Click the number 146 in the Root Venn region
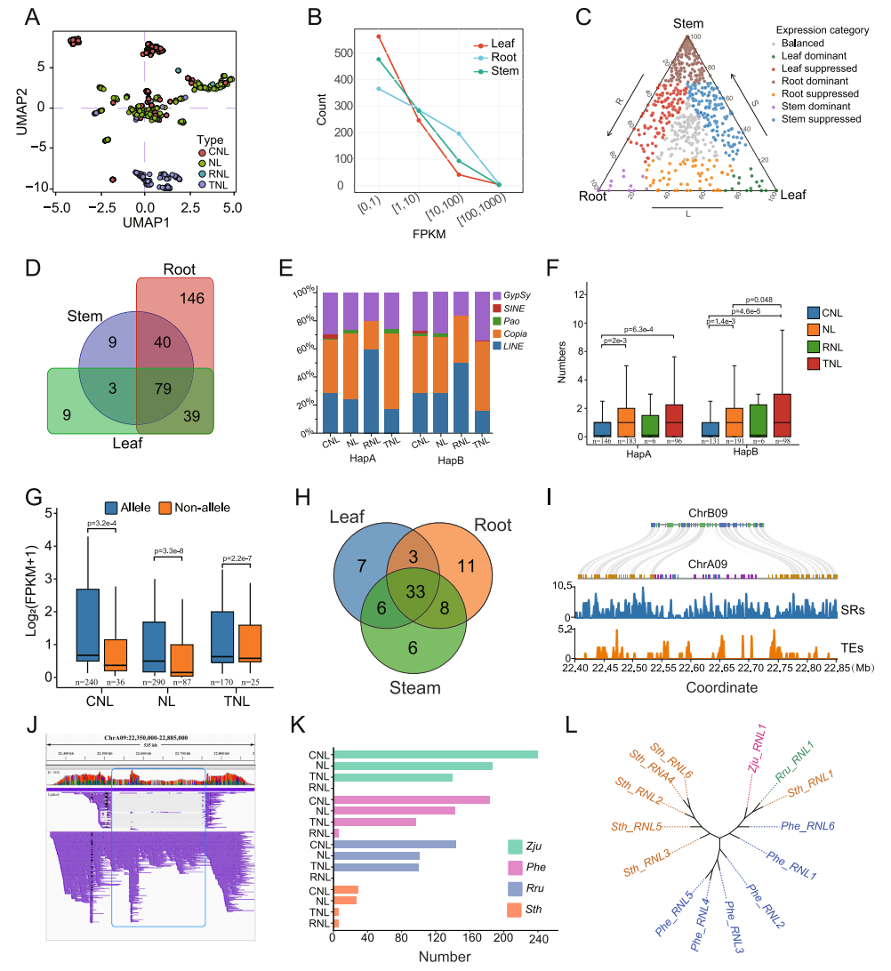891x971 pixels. pyautogui.click(x=191, y=299)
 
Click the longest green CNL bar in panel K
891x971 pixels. pyautogui.click(x=435, y=754)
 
